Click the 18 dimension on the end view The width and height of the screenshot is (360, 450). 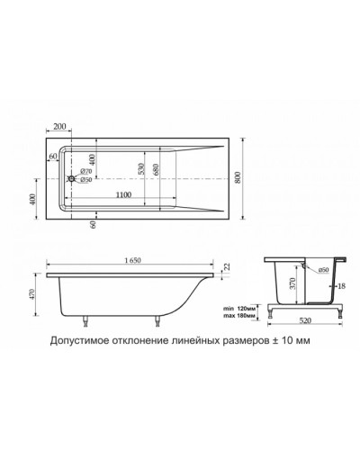pyautogui.click(x=340, y=285)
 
